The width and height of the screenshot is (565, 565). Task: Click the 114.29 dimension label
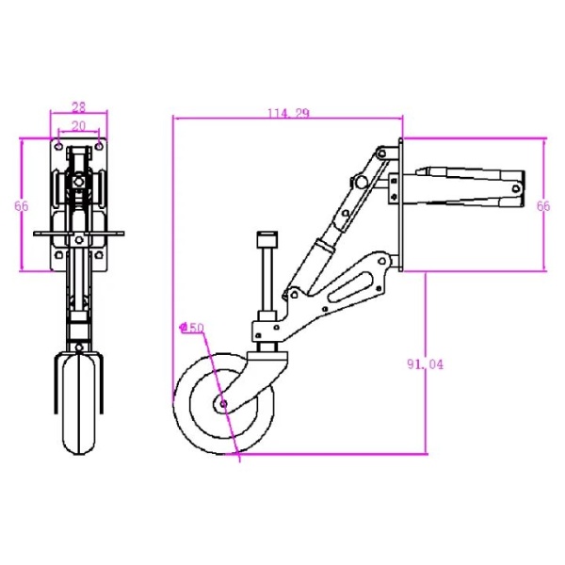pos(288,113)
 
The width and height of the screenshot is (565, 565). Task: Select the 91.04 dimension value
pos(426,364)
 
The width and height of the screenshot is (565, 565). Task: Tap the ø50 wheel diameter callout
pos(192,328)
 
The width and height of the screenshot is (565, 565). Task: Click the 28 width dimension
pos(79,107)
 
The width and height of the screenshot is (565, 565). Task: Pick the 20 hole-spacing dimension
pos(79,125)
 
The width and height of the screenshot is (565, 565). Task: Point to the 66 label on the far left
pos(22,205)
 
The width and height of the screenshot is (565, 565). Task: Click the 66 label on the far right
pos(543,205)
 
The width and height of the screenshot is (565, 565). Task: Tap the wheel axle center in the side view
pos(223,403)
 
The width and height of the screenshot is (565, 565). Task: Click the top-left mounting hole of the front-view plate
pos(58,147)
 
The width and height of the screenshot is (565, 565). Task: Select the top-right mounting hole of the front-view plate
pos(99,147)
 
